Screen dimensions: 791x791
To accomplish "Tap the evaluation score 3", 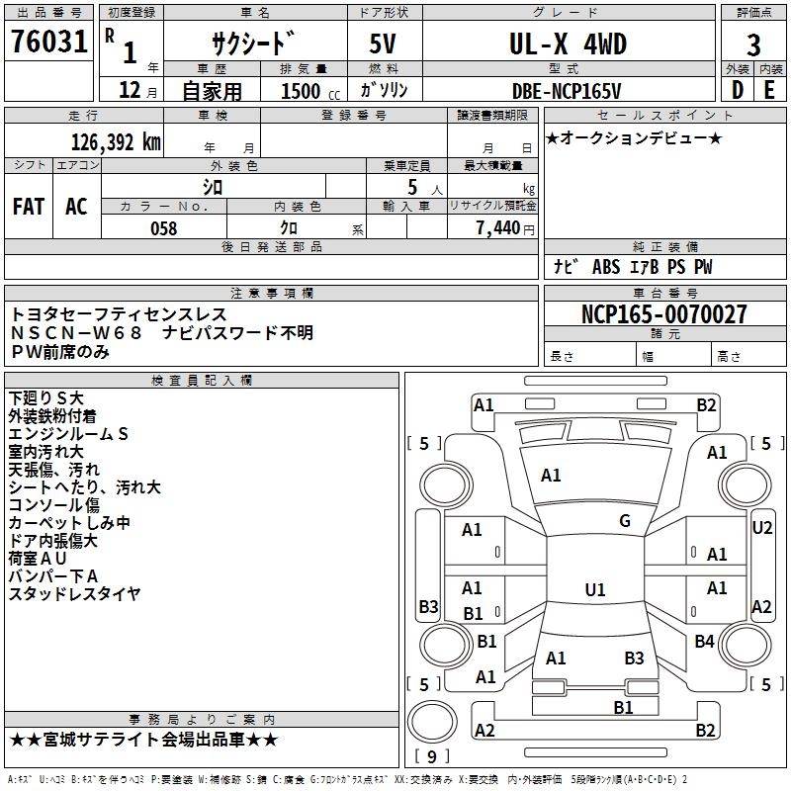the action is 753,45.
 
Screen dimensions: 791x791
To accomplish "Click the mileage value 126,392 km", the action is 116,141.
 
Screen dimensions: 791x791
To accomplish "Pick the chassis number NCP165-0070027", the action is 663,314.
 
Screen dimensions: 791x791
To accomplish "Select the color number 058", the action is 163,228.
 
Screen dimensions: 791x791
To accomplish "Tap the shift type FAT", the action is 29,207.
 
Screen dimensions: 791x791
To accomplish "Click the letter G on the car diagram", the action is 625,521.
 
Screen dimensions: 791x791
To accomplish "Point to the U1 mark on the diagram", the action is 594,590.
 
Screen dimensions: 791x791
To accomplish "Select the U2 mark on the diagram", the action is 761,528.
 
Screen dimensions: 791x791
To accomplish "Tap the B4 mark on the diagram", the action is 704,642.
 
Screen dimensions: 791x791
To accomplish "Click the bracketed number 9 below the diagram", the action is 431,757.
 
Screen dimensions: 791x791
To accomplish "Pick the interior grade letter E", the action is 769,90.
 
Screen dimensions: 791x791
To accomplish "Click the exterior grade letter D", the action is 737,90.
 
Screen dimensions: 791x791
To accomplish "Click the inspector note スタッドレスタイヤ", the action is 75,593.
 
